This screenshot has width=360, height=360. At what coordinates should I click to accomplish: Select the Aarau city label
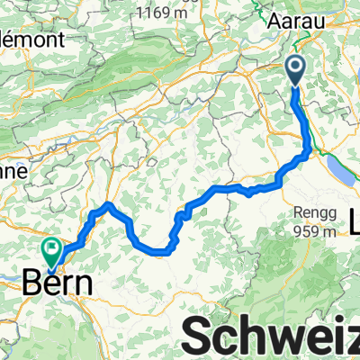(292, 18)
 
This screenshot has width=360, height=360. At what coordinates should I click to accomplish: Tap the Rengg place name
(311, 212)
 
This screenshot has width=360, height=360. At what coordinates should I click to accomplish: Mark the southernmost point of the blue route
(160, 253)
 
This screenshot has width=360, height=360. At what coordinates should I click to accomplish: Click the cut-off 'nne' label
(14, 170)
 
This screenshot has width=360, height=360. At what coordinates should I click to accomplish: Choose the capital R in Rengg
(295, 212)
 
